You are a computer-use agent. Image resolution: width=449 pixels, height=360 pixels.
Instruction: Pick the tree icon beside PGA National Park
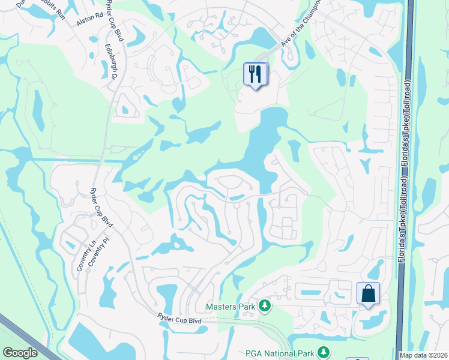(x=324, y=352)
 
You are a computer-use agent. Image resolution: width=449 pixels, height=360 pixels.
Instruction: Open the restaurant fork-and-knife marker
(x=255, y=74)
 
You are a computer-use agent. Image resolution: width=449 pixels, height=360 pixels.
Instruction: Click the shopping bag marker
(x=368, y=294)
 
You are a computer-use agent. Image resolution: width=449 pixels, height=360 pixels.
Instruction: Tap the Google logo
(x=20, y=353)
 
